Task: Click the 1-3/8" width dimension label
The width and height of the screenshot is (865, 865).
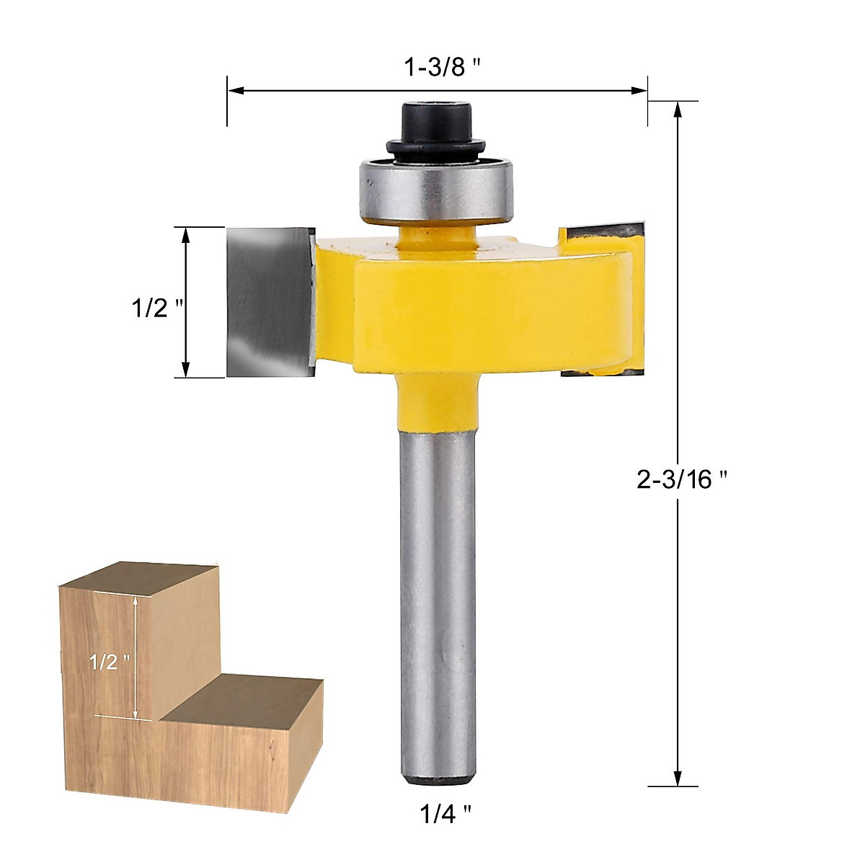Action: (x=442, y=68)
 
